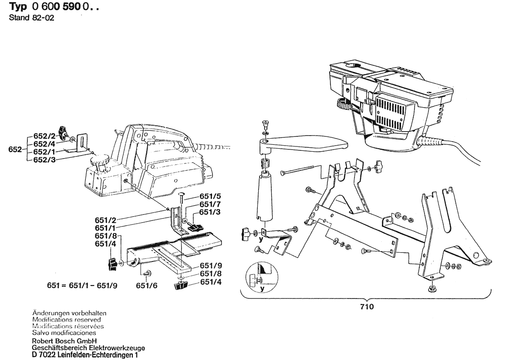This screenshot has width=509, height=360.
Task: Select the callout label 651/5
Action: pos(209,196)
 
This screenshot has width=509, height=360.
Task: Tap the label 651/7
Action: pos(209,204)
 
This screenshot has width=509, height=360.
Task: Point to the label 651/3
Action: pos(209,212)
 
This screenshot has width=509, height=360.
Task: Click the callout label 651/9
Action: pos(209,266)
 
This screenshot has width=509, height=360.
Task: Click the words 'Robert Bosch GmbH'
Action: pos(64,341)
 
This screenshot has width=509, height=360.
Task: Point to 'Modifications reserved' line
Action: pos(67,319)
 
